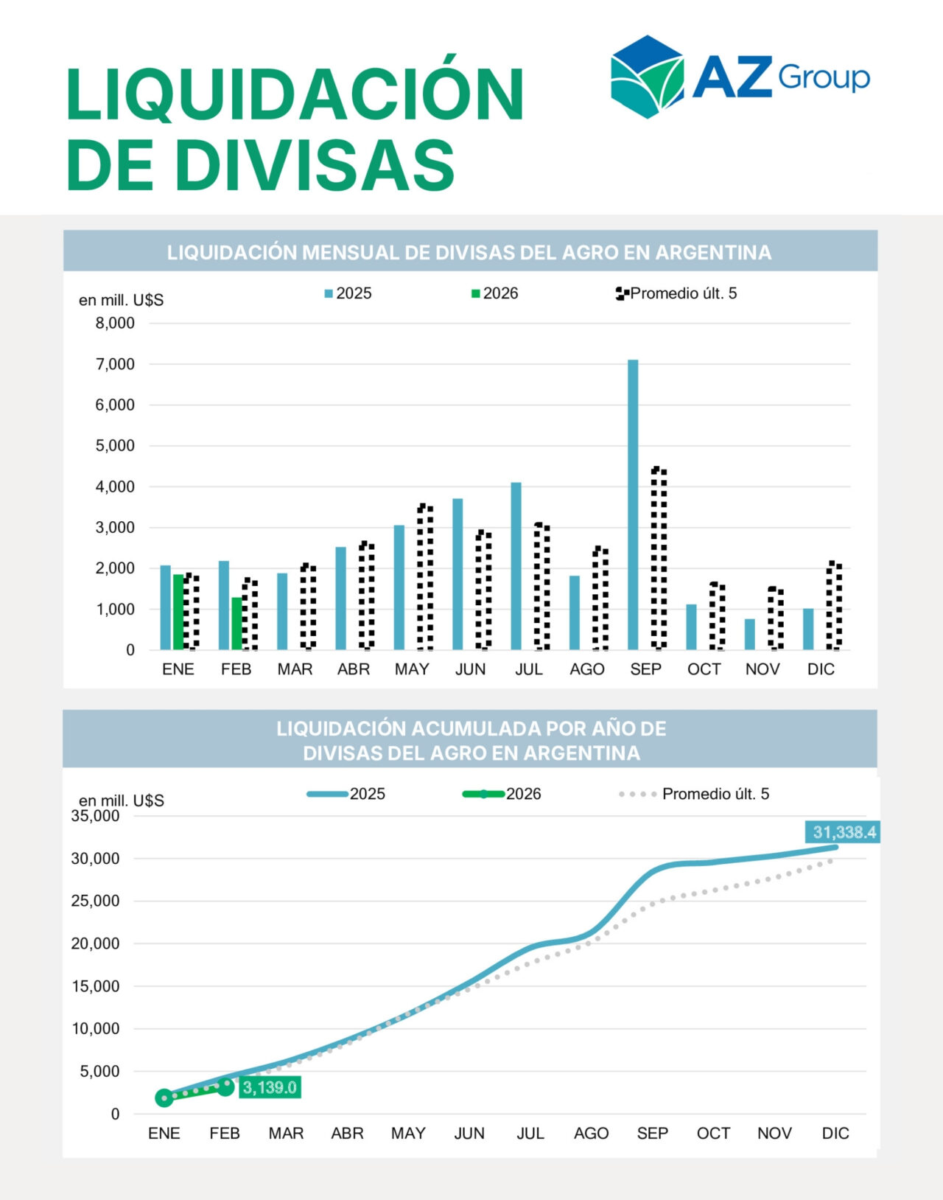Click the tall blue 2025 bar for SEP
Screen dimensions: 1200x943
[633, 505]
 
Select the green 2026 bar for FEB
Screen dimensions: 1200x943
[236, 624]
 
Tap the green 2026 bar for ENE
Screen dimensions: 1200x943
[178, 612]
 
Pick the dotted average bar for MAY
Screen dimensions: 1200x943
[425, 578]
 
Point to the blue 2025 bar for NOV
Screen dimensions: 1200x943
[749, 635]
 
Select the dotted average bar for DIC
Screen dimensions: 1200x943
[834, 606]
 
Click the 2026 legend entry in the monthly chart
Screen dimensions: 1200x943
[495, 293]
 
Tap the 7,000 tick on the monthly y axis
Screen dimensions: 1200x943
[115, 364]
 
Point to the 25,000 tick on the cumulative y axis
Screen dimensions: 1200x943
[95, 901]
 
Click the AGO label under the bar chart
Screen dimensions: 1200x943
[587, 669]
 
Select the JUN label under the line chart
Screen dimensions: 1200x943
[469, 1133]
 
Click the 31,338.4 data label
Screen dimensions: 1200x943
[844, 832]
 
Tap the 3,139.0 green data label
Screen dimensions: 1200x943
[270, 1087]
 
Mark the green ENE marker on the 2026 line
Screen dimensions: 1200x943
[164, 1098]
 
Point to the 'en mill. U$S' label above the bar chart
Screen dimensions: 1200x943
[122, 300]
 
